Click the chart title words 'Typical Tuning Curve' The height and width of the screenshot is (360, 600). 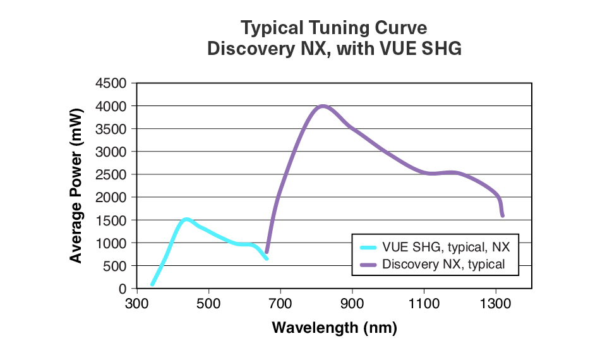[334, 28]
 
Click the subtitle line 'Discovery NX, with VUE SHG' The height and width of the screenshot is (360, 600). [334, 49]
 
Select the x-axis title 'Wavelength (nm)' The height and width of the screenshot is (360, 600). [334, 328]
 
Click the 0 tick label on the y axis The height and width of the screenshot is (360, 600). [124, 289]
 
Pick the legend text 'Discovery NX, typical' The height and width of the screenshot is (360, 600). [444, 265]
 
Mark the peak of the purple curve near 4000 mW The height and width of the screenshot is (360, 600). [323, 106]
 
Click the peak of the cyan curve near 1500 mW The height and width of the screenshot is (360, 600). [186, 219]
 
